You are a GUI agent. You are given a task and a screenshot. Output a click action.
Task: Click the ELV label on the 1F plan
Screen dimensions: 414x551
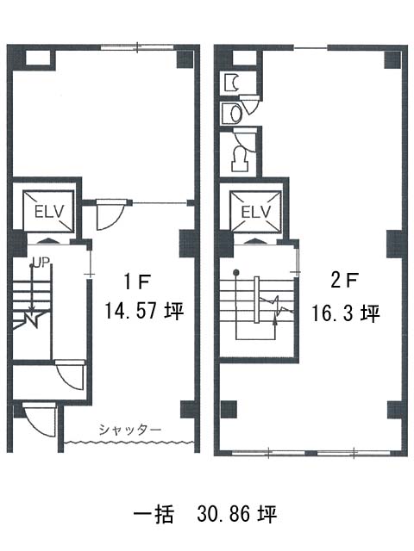[x=49, y=212]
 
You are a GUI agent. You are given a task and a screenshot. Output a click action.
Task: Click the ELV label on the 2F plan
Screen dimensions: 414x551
[x=256, y=213]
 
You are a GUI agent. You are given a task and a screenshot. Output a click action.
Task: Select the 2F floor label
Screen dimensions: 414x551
[x=345, y=282]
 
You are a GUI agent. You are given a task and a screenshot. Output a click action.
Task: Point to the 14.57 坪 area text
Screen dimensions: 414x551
[x=144, y=311]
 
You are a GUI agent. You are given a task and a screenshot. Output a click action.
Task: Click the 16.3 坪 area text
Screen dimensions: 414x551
[x=346, y=313]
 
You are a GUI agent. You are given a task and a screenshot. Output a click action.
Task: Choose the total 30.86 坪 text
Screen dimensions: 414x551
[x=237, y=515]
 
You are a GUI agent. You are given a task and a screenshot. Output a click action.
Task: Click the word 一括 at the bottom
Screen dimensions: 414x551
[x=154, y=515]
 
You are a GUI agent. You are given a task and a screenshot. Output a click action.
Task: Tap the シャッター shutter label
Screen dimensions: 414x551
[x=130, y=430]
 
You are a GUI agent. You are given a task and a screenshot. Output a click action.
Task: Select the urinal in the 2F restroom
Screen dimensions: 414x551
[x=232, y=83]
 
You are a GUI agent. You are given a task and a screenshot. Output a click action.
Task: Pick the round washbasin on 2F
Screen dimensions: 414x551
[x=236, y=113]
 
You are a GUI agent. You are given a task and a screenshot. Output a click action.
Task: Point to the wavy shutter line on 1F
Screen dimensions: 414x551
[x=129, y=442]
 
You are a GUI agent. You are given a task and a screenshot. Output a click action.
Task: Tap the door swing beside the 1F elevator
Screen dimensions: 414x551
[x=111, y=215]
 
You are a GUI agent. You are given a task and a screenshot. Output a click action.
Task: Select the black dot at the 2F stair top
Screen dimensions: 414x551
[x=236, y=272]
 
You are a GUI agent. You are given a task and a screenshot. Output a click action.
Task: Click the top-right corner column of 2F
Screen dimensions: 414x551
[x=393, y=59]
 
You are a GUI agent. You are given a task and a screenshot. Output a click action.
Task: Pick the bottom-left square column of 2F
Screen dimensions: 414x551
[x=229, y=410]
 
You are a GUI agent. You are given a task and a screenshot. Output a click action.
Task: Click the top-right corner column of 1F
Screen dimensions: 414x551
[x=185, y=59]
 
